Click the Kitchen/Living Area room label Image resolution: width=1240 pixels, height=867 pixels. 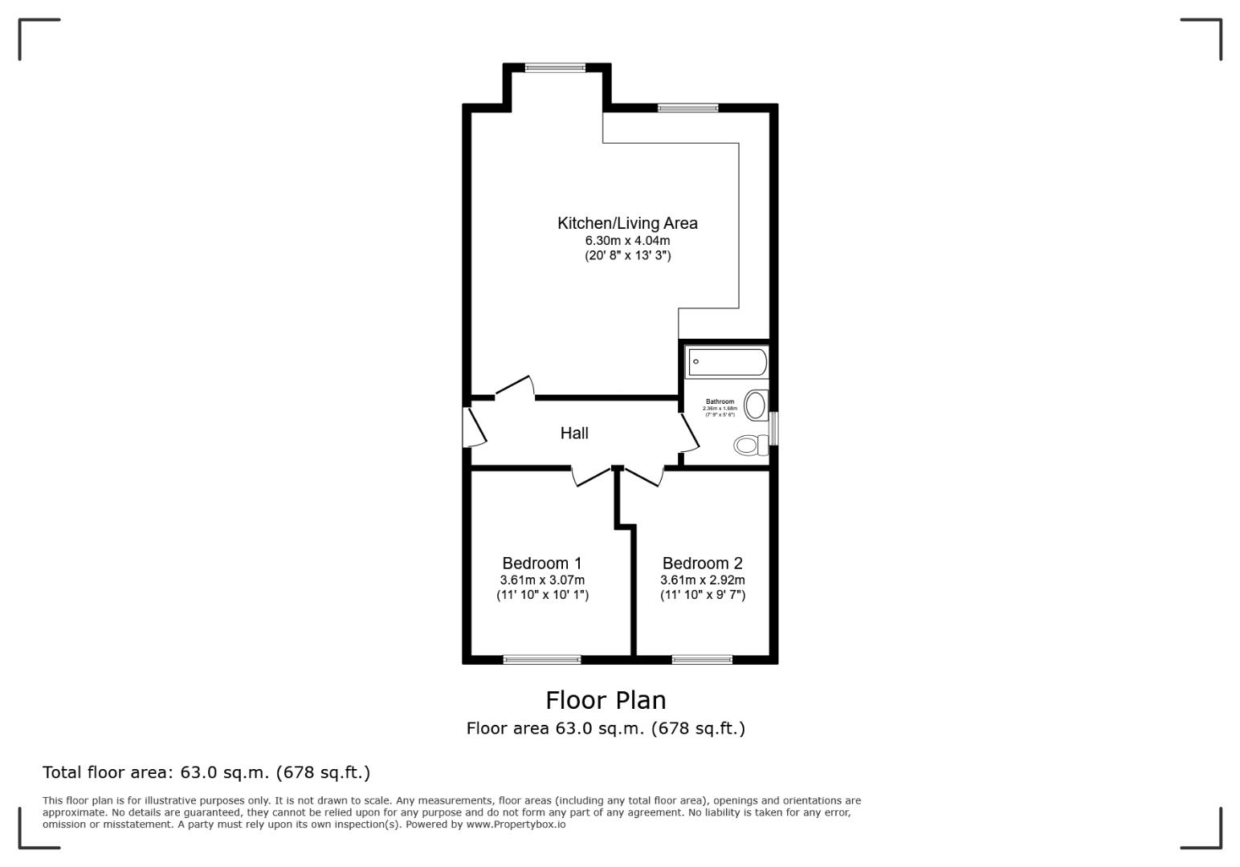[627, 223]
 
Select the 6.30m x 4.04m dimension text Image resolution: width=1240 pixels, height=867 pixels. [627, 240]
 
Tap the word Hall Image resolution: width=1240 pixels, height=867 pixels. [574, 433]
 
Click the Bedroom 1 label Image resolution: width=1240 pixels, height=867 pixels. [542, 563]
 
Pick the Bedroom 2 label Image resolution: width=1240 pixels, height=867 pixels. [703, 563]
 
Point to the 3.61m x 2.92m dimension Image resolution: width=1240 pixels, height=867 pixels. [703, 580]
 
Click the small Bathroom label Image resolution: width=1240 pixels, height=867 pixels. [720, 401]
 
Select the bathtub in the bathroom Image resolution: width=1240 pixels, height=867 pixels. [727, 362]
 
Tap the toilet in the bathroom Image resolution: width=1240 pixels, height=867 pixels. [750, 445]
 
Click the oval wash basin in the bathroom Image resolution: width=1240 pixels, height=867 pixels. [755, 405]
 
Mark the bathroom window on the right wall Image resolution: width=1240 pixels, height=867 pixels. [774, 429]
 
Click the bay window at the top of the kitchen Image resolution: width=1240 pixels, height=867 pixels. [556, 68]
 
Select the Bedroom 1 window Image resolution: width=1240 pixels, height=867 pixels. [542, 660]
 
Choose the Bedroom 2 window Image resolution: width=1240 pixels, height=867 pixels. [702, 660]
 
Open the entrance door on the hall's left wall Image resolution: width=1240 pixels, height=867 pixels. [474, 428]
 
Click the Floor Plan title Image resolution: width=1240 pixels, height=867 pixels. [606, 700]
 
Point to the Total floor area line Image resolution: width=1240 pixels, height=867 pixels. [206, 772]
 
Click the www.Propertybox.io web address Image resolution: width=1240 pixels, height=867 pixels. [516, 824]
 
